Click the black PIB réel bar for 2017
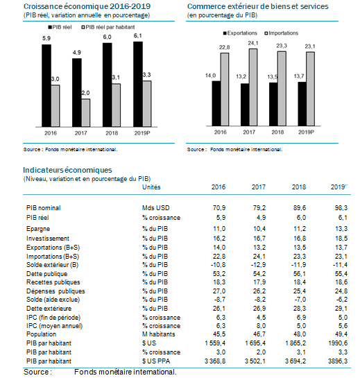(x=77, y=92)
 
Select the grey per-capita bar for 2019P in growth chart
(x=147, y=104)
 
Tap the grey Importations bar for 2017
(x=253, y=87)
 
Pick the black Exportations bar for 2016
(x=216, y=103)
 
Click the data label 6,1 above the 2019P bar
(x=137, y=36)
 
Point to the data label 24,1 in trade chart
(x=253, y=43)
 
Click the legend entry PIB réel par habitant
(x=108, y=27)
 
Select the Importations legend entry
(x=282, y=33)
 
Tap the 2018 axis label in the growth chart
(x=112, y=133)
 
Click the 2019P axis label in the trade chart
(x=306, y=132)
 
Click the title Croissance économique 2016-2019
(x=87, y=6)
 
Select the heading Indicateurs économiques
(x=67, y=170)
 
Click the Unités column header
(x=151, y=187)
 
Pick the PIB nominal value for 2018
(x=299, y=208)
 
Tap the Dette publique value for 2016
(x=219, y=274)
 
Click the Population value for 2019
(x=341, y=334)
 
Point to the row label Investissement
(x=48, y=239)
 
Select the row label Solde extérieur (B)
(x=52, y=265)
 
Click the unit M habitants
(x=158, y=334)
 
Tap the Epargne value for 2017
(x=259, y=229)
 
